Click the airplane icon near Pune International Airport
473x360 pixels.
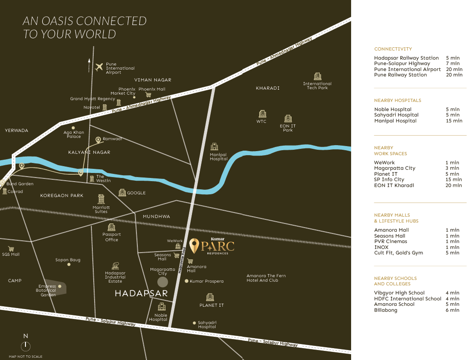point(100,67)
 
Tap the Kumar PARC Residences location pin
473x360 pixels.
point(194,245)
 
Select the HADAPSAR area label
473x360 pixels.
point(141,294)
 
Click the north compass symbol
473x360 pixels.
point(26,346)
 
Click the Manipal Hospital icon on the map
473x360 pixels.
point(214,147)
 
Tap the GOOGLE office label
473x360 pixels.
point(136,193)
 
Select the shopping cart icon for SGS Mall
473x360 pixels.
point(11,249)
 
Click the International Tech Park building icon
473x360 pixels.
point(317,76)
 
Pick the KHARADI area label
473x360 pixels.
point(267,88)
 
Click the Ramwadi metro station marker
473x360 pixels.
point(98,140)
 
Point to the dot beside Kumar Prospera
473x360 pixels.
point(186,281)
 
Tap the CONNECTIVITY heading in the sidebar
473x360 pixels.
point(393,49)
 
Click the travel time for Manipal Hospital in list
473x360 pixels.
point(454,121)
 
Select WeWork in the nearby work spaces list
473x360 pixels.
point(384,162)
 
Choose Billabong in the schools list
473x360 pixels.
point(386,310)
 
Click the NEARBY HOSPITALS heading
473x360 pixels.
point(398,100)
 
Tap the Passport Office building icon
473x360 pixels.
point(111,227)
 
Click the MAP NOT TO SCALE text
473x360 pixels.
point(25,356)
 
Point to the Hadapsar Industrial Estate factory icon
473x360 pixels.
point(115,266)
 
